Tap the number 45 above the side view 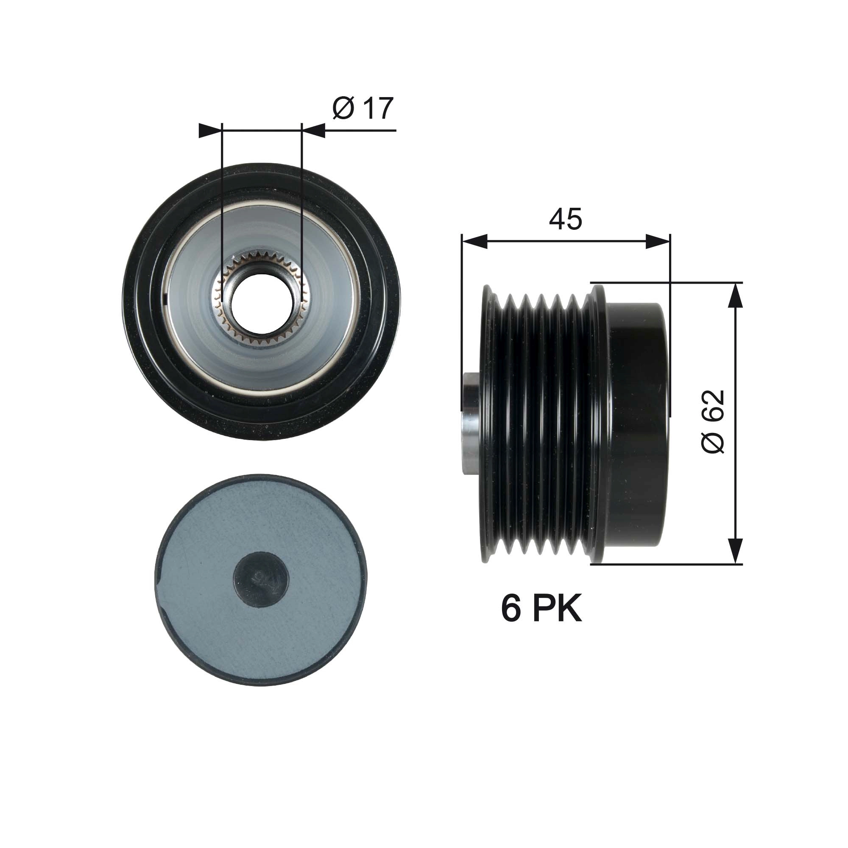pos(565,219)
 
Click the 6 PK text pos(541,609)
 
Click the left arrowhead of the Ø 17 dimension pos(210,130)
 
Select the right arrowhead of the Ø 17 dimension pos(314,130)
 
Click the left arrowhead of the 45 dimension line pos(475,241)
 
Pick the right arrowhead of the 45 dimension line pos(658,241)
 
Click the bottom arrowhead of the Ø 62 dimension pos(735,551)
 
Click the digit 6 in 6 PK pos(511,609)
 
